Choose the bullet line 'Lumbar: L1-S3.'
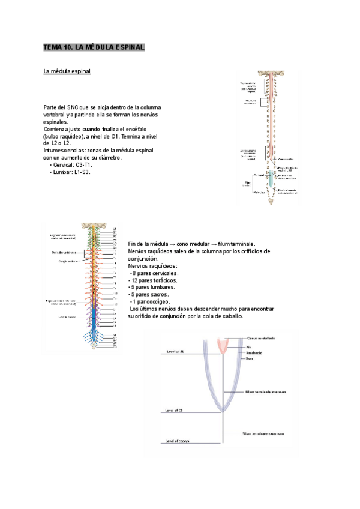70,172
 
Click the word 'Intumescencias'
62,150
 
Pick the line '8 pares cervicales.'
155,273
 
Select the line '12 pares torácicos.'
155,280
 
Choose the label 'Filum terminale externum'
263,433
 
